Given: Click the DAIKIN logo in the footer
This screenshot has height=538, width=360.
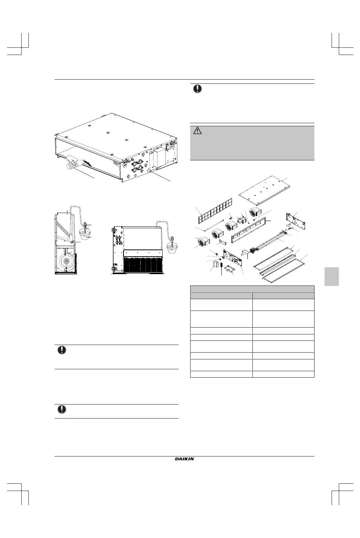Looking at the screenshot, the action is point(184,459).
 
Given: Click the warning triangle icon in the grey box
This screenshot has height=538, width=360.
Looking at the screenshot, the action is point(197,131).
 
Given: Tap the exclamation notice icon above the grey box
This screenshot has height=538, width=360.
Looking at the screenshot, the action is point(197,89).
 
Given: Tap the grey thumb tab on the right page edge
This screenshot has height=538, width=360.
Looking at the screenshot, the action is point(332,276).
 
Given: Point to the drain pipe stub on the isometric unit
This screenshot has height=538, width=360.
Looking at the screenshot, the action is point(152,170).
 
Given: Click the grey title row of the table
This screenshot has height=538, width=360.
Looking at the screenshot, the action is point(252,289).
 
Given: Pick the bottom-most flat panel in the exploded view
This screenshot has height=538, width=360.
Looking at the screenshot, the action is point(283,270).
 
